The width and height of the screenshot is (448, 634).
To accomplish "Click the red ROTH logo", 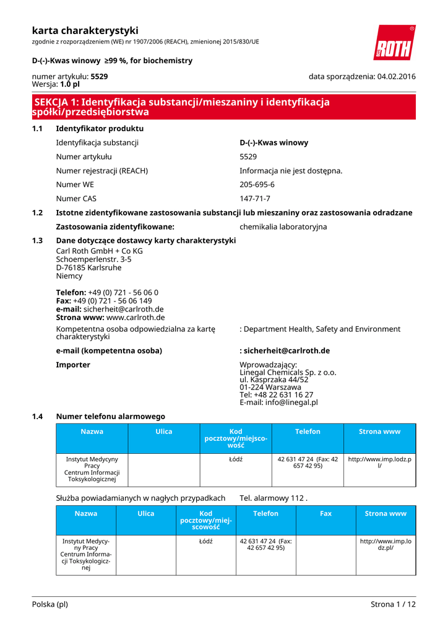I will [394, 43].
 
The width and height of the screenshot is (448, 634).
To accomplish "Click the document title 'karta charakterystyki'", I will [85, 30].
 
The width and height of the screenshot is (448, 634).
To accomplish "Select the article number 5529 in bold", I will [99, 76].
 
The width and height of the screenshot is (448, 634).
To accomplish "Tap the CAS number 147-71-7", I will [255, 199].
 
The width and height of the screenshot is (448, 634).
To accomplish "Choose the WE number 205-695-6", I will [257, 185].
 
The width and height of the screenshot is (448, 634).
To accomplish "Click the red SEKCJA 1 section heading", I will [181, 107].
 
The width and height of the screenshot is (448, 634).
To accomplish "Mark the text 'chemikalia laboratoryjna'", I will [283, 227].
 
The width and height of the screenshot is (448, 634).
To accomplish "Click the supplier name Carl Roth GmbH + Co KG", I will [99, 251].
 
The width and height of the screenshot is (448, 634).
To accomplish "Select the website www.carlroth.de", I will [136, 317].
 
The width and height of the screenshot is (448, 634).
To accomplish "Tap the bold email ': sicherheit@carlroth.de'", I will [285, 350].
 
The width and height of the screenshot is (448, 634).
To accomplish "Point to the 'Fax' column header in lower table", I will [325, 513].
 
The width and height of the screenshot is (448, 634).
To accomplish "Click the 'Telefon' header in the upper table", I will [308, 432].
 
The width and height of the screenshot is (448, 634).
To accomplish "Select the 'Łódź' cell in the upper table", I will [236, 459].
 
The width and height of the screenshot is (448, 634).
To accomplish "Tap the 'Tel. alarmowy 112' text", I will [273, 498].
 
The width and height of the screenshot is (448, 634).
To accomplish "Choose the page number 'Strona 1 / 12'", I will [393, 604].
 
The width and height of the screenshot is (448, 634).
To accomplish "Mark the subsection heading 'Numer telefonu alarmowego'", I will [110, 417].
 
